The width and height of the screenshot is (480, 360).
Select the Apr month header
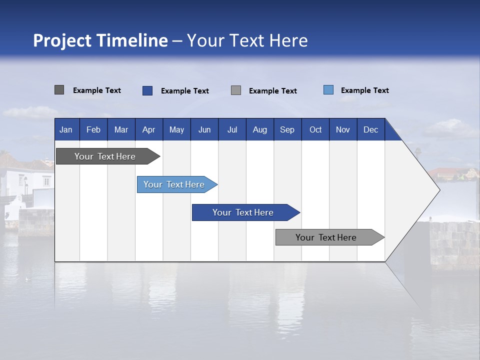(x=149, y=129)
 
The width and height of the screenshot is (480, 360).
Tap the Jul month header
(x=232, y=129)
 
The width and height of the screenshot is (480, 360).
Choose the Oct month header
(x=315, y=129)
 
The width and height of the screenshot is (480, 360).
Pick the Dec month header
(x=371, y=129)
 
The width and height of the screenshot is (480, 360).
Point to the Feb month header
(x=93, y=129)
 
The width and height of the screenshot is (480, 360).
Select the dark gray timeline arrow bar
(x=108, y=156)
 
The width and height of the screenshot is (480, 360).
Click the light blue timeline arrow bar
(x=177, y=184)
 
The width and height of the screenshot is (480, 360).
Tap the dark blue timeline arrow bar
(x=246, y=212)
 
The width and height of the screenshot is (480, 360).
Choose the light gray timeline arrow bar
(x=330, y=237)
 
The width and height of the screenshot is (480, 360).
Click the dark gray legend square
(x=59, y=90)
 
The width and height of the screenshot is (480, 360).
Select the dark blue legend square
(x=147, y=90)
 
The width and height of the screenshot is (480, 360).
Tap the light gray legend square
(x=236, y=90)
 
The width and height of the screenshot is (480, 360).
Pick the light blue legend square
(x=328, y=89)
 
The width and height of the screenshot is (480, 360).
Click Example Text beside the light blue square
(x=365, y=90)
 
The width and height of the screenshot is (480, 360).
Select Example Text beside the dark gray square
(x=96, y=90)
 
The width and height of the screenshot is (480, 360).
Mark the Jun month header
(x=204, y=129)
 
